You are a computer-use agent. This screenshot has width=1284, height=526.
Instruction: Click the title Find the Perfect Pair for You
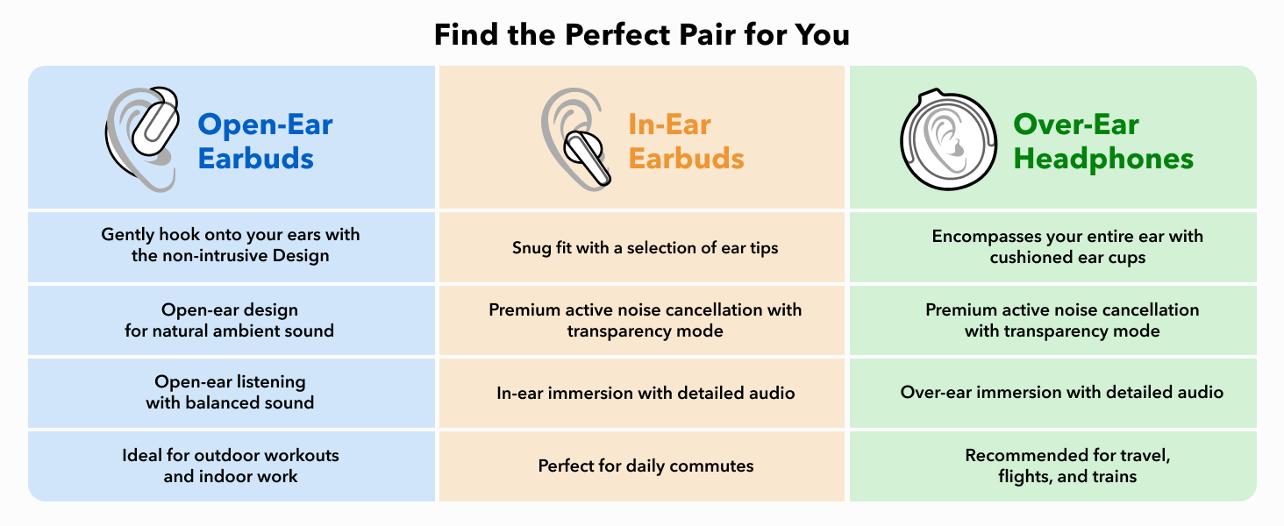[641, 34]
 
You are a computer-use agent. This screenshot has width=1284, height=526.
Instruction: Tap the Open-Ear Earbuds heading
[265, 141]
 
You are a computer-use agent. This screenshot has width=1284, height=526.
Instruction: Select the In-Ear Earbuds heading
[686, 141]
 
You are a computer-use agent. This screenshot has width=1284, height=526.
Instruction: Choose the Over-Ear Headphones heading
[1102, 141]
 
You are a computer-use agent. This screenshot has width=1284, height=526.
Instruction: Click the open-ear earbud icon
[142, 139]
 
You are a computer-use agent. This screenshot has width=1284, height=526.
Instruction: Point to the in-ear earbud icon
[576, 139]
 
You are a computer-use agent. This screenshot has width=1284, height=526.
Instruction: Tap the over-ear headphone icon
[948, 139]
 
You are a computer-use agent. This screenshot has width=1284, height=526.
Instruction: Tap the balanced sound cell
[230, 392]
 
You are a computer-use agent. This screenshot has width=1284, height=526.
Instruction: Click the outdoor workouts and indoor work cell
[231, 466]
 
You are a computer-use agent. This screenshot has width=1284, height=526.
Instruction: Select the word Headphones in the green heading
[1102, 158]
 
